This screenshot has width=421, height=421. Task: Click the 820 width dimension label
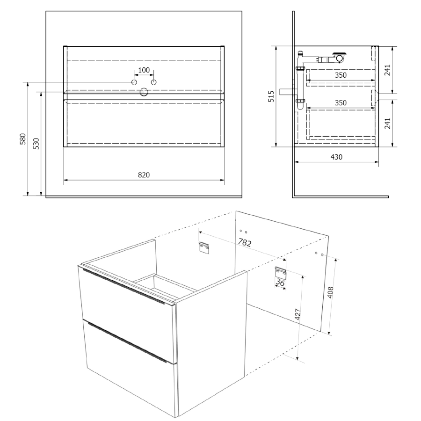[x=144, y=175]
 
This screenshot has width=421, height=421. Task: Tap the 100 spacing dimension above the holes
[x=144, y=70]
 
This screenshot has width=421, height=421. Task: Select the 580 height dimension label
[x=23, y=139]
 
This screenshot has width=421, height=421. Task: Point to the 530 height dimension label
[x=36, y=144]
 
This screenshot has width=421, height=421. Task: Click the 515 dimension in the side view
[x=271, y=96]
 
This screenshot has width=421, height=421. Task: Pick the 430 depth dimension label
[x=336, y=157]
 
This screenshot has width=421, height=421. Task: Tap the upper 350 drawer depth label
[x=341, y=75]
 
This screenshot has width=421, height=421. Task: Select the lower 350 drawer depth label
[x=341, y=103]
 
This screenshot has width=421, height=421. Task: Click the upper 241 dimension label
[x=387, y=70]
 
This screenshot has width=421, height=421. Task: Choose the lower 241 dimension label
[x=387, y=123]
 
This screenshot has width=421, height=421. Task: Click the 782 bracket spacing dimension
[x=245, y=243]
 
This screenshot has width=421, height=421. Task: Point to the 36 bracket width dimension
[x=280, y=283]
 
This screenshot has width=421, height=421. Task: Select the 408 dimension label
[x=331, y=292]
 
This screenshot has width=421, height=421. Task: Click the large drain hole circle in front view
[x=144, y=92]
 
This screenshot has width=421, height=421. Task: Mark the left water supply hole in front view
[x=134, y=82]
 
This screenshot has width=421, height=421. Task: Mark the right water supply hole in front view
[x=153, y=82]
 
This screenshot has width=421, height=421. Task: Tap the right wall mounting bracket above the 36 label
[x=280, y=273]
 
